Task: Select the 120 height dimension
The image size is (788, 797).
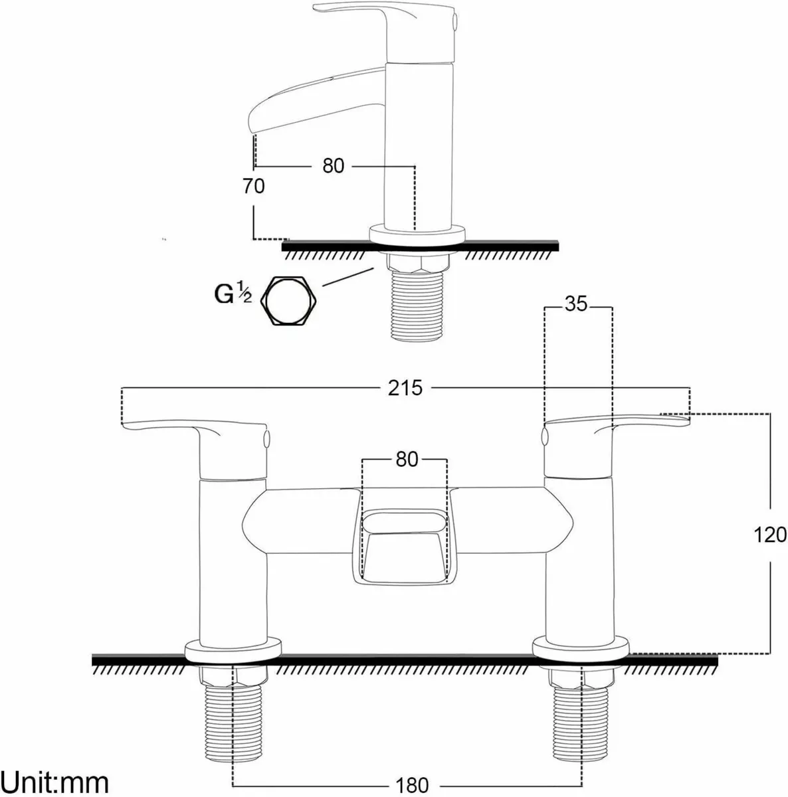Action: tap(770, 534)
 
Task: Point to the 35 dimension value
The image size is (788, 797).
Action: tap(576, 305)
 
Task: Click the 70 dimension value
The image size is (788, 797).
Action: tap(252, 186)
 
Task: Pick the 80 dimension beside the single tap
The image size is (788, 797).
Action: tap(334, 165)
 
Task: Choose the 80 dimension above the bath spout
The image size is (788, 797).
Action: tap(406, 459)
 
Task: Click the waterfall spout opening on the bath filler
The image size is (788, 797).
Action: tap(407, 521)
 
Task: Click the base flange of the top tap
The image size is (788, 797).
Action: tap(417, 234)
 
